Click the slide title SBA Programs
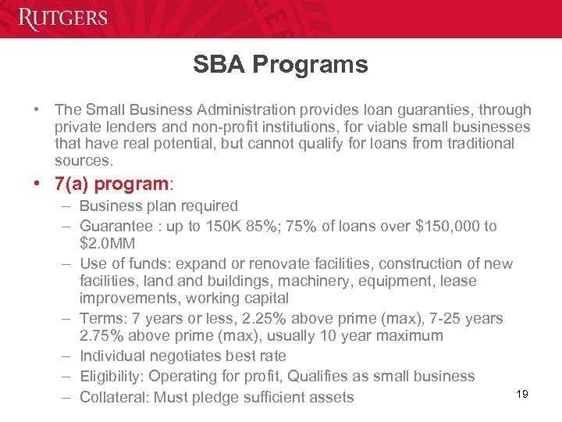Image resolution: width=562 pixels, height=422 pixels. click(280, 65)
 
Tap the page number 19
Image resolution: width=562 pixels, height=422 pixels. click(522, 394)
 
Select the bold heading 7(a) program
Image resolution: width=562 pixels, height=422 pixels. click(111, 184)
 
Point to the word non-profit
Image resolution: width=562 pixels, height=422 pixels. click(225, 127)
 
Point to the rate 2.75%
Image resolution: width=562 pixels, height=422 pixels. click(105, 337)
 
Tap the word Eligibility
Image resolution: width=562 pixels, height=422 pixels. click(111, 377)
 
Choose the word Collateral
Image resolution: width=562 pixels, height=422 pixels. click(113, 397)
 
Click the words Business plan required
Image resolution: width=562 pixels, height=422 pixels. click(158, 206)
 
